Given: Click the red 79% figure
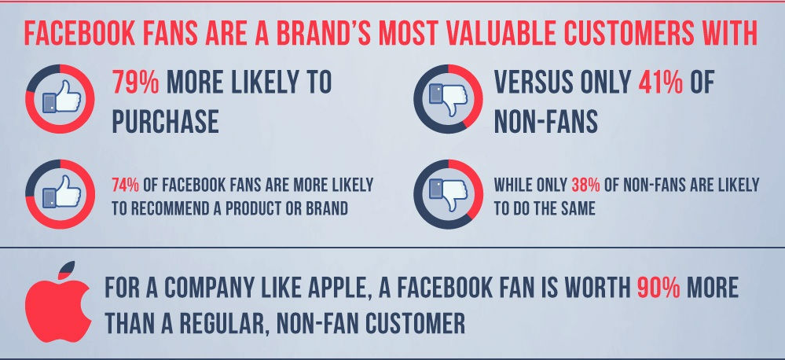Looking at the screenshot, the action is pyautogui.click(x=135, y=82).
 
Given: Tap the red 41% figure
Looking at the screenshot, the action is pyautogui.click(x=660, y=82).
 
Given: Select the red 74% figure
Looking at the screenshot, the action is pyautogui.click(x=125, y=186).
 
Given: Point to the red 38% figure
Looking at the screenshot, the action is pyautogui.click(x=585, y=186).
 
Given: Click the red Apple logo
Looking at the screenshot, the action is pyautogui.click(x=58, y=301).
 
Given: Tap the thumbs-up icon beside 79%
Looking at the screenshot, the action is pyautogui.click(x=61, y=97).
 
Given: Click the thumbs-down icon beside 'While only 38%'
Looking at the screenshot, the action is pyautogui.click(x=448, y=195).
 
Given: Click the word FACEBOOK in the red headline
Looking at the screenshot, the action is pyautogui.click(x=79, y=34).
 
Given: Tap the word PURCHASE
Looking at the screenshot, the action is pyautogui.click(x=165, y=121).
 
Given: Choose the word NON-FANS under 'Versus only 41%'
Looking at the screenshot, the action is pyautogui.click(x=545, y=121).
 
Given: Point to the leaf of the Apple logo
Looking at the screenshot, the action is pyautogui.click(x=67, y=270).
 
